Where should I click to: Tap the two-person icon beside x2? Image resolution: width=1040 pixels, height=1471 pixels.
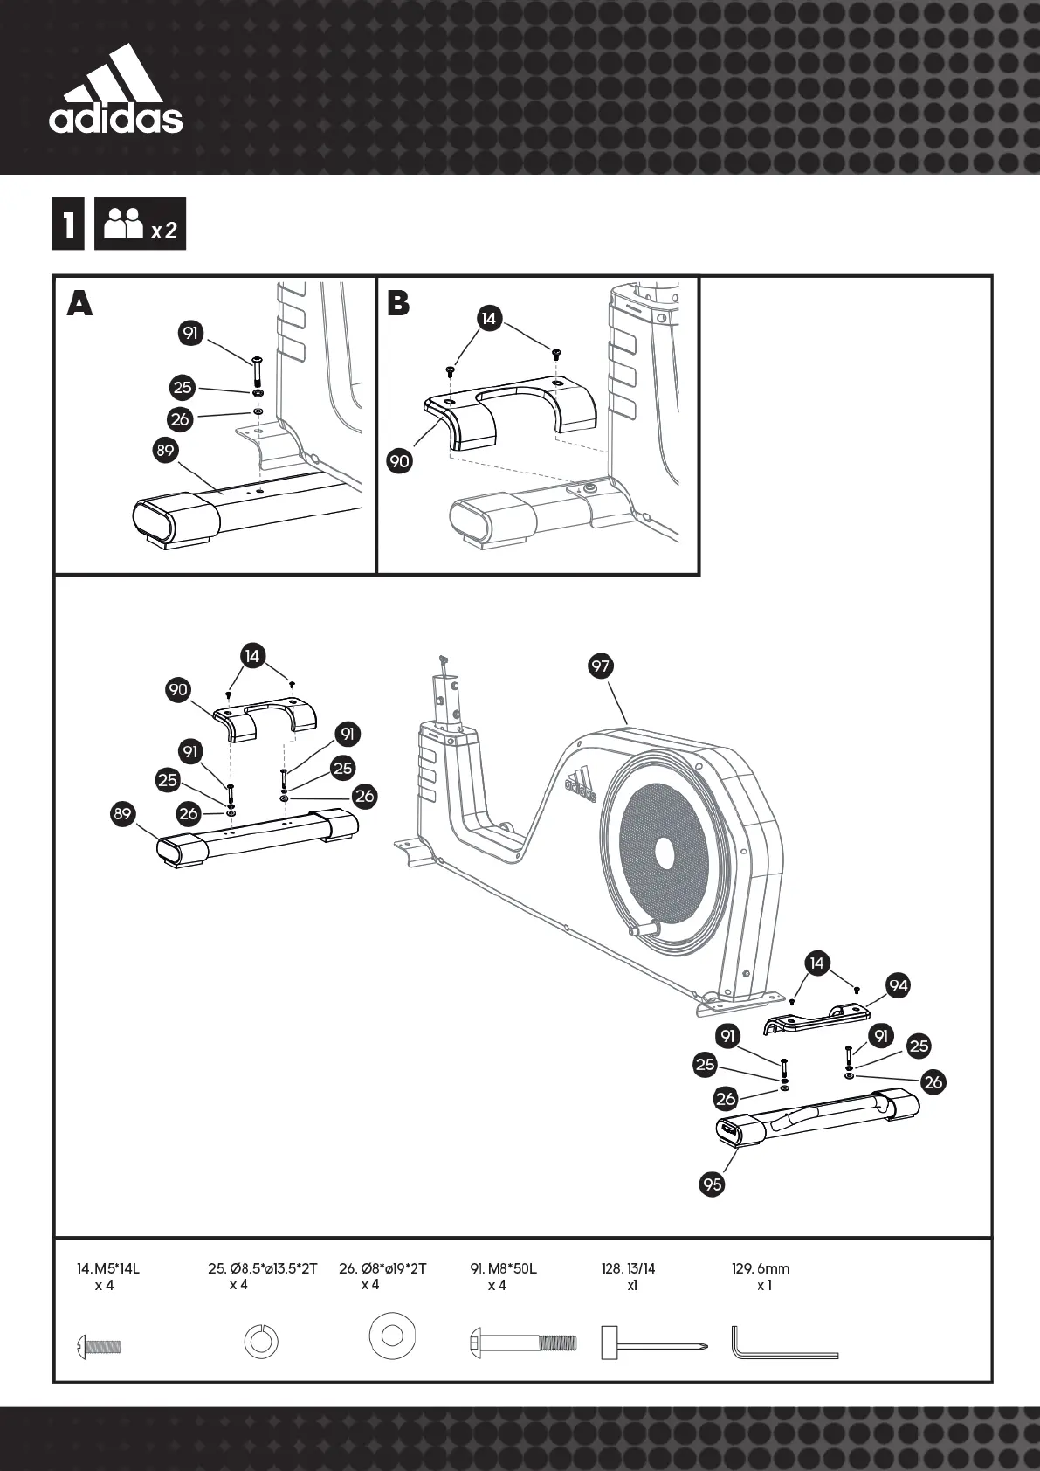click(123, 224)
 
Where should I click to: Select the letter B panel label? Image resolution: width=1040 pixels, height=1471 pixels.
click(398, 303)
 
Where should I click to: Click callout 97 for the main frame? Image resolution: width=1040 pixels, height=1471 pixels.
click(600, 666)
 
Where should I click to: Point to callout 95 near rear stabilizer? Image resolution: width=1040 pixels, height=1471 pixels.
click(713, 1184)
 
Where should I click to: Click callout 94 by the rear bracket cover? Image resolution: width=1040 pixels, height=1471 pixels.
click(898, 986)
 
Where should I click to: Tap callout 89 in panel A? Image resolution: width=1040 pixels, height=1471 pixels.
click(165, 451)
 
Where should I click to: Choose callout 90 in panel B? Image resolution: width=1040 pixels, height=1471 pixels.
click(399, 459)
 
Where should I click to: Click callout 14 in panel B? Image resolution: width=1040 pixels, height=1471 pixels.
click(488, 319)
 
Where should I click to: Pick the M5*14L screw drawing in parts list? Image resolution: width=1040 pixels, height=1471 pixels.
click(98, 1345)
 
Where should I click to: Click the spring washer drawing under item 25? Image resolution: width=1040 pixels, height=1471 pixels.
click(260, 1342)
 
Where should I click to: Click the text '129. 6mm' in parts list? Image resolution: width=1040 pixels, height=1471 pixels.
click(760, 1268)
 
